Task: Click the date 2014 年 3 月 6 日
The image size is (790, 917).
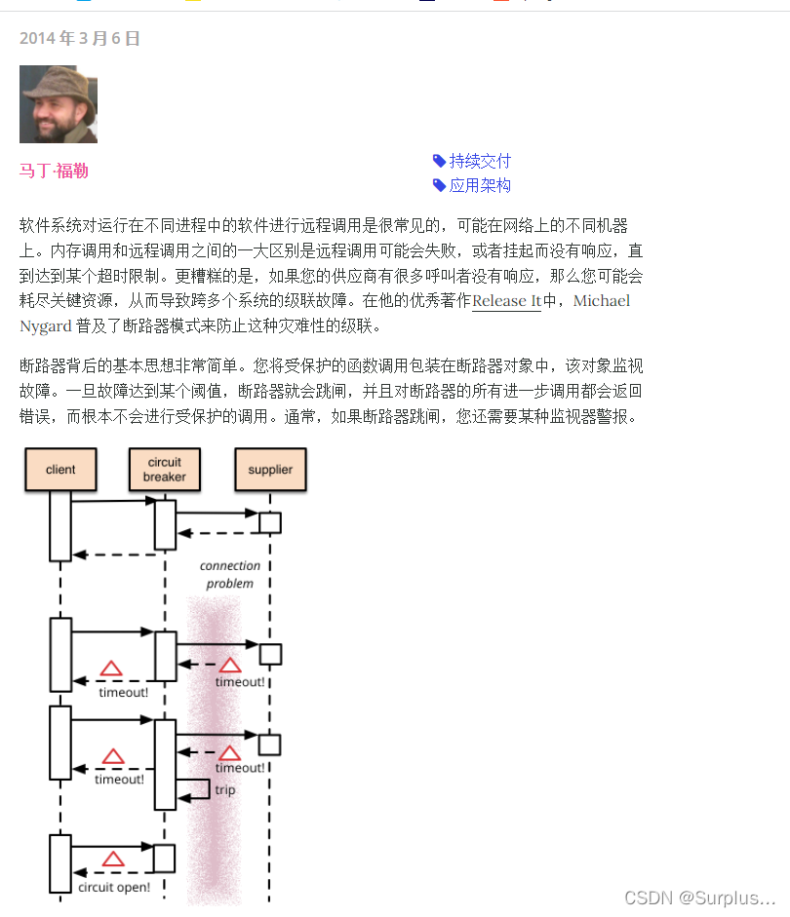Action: pyautogui.click(x=80, y=39)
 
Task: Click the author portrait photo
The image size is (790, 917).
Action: pyautogui.click(x=59, y=104)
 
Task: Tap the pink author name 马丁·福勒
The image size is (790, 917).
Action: pyautogui.click(x=54, y=171)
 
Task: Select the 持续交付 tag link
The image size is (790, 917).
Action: pyautogui.click(x=479, y=161)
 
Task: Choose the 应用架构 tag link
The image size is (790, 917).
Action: pyautogui.click(x=479, y=185)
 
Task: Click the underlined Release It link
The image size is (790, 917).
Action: pyautogui.click(x=506, y=301)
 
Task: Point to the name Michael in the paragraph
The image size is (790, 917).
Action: pyautogui.click(x=601, y=301)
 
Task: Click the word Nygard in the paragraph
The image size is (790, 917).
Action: pyautogui.click(x=45, y=325)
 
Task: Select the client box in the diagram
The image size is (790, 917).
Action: pyautogui.click(x=60, y=469)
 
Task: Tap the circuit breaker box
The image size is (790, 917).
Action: pyautogui.click(x=164, y=469)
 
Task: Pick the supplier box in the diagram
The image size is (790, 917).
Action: pyautogui.click(x=270, y=469)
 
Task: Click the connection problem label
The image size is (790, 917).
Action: pyautogui.click(x=230, y=574)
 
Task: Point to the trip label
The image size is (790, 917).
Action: pyautogui.click(x=225, y=789)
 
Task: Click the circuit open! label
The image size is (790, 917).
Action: pyautogui.click(x=114, y=887)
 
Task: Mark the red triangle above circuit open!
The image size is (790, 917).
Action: pyautogui.click(x=113, y=860)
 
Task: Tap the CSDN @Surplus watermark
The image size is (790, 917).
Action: pyautogui.click(x=699, y=897)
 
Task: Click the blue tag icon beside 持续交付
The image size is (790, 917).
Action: pyautogui.click(x=439, y=161)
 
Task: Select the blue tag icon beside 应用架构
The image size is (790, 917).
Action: pyautogui.click(x=439, y=185)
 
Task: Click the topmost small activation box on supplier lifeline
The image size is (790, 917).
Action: pyautogui.click(x=270, y=522)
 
